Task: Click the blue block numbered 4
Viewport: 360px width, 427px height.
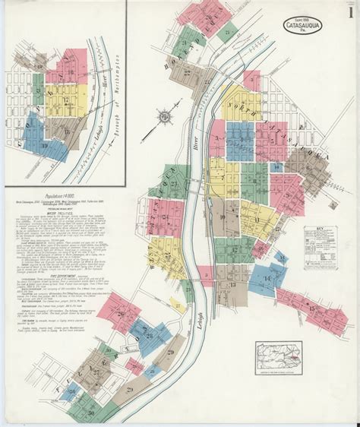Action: (241, 141)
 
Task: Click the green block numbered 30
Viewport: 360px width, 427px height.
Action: (91, 411)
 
